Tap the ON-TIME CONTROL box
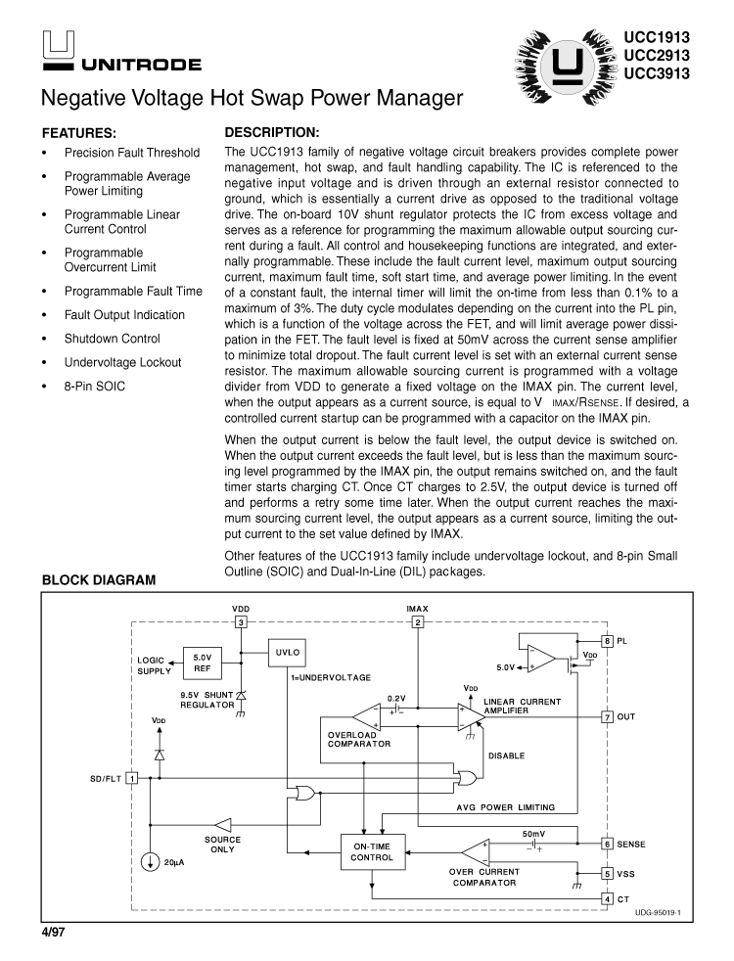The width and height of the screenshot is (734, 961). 371,849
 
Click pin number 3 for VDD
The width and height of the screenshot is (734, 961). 241,622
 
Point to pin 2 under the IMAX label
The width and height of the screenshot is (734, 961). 418,622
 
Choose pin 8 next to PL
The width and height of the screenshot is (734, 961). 607,641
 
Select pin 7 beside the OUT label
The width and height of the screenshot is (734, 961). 607,716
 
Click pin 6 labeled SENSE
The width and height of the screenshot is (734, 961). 607,843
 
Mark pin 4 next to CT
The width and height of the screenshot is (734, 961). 607,898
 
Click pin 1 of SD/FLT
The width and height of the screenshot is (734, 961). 131,778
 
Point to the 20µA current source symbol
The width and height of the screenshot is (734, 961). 150,862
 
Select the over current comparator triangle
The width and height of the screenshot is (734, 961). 477,849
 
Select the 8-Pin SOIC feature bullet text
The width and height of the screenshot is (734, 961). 95,386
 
